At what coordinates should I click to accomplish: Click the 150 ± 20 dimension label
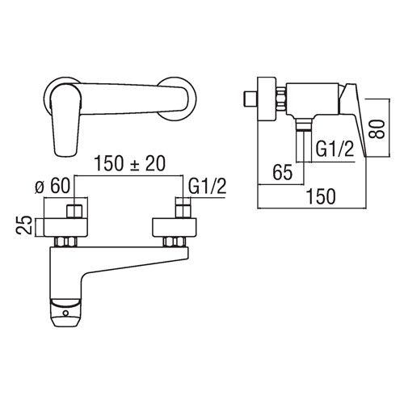point(129,163)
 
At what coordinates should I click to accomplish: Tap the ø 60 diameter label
point(53,186)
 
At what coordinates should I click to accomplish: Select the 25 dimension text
point(24,225)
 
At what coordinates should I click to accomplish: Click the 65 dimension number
point(283,172)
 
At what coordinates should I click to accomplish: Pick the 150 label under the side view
point(322,196)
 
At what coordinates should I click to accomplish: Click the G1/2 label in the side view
point(335,149)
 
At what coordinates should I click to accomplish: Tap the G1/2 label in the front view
point(207,186)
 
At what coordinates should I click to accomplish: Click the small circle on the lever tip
point(65,314)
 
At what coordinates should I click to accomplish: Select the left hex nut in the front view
point(65,242)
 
